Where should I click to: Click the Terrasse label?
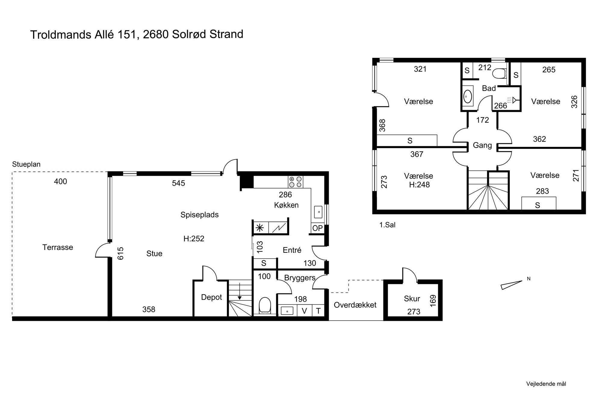tap(58, 247)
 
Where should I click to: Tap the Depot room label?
tap(211, 297)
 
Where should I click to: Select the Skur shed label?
tap(412, 299)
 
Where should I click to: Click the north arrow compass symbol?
tap(511, 285)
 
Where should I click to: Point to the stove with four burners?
tap(296, 182)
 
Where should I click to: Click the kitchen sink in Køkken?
tap(318, 212)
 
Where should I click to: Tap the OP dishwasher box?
tap(318, 228)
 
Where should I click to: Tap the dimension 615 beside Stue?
tap(120, 253)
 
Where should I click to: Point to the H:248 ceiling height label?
tap(419, 185)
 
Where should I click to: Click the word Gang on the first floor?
tap(482, 145)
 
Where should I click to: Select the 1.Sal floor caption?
tap(387, 225)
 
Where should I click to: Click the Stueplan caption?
tap(26, 164)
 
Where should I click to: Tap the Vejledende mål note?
tap(546, 384)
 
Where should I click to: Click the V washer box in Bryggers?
tap(304, 311)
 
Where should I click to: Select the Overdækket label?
tap(355, 305)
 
